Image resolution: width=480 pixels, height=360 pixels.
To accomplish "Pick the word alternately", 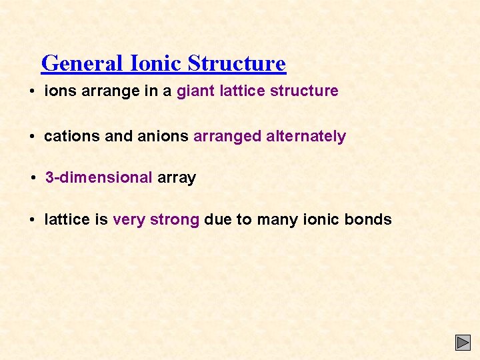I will click(x=306, y=137).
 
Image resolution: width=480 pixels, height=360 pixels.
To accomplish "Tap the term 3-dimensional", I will click(x=99, y=177).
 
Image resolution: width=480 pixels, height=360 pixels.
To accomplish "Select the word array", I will click(x=177, y=178).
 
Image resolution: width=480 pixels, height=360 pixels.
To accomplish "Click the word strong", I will click(x=175, y=220).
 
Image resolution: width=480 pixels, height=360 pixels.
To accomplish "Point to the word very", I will click(x=129, y=220).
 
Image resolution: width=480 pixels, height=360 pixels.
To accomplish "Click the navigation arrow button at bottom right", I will click(x=463, y=343).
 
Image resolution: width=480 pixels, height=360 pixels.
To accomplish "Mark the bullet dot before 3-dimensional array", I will click(x=34, y=178).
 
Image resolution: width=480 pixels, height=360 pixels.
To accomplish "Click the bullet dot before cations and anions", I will click(x=32, y=137).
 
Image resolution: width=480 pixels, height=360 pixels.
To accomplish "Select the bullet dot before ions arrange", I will click(x=32, y=91).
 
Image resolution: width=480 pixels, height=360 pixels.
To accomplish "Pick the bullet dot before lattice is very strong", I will click(x=32, y=219).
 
